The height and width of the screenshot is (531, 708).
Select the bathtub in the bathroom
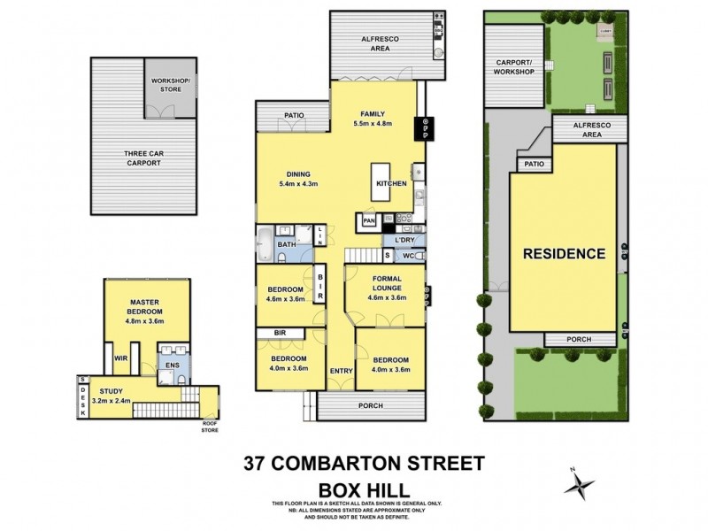coord(265,240)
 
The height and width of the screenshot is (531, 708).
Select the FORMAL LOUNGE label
coord(384,291)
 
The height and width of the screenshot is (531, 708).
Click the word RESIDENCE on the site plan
coord(564,253)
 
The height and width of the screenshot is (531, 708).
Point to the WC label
coord(408,257)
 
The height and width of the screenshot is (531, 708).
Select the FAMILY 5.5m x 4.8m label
coord(375,119)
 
